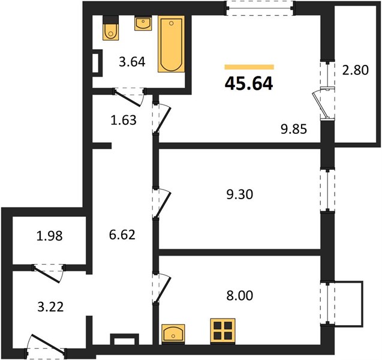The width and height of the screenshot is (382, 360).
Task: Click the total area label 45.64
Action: [x=249, y=83]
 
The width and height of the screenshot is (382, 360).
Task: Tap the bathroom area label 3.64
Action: [x=132, y=62]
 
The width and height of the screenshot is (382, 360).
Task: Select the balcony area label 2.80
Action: [x=356, y=70]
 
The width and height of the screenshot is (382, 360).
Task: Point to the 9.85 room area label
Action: [x=294, y=129]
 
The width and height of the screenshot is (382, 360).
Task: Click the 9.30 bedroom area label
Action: [x=240, y=194]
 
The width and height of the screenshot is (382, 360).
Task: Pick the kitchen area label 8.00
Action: [x=240, y=295]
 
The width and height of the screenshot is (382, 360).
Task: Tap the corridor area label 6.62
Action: [x=122, y=235]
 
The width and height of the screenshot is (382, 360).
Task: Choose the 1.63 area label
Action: [x=124, y=120]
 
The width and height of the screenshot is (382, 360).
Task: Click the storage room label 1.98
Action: [x=49, y=236]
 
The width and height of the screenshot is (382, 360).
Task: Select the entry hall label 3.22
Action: [x=50, y=307]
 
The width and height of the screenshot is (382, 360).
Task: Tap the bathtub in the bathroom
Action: [x=171, y=44]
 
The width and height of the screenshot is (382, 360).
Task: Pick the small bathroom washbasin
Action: [x=143, y=23]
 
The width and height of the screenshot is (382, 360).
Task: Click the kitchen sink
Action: [x=173, y=334]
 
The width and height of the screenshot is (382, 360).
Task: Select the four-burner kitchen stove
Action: [x=222, y=331]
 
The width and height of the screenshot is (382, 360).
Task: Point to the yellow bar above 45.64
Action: [x=249, y=67]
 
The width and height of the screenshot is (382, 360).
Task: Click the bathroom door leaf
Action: [x=127, y=98]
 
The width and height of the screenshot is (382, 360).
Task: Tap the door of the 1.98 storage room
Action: [x=46, y=274]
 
